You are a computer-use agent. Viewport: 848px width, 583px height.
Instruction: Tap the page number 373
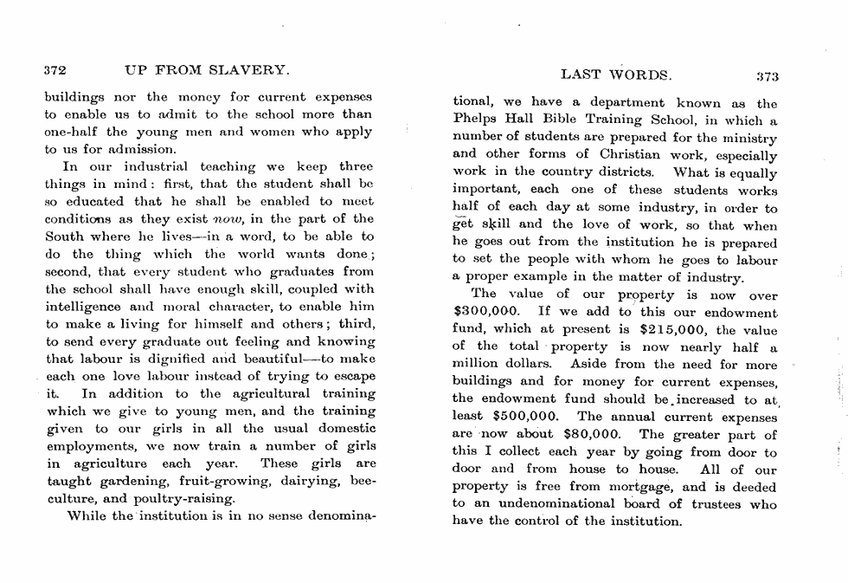tap(768, 76)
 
